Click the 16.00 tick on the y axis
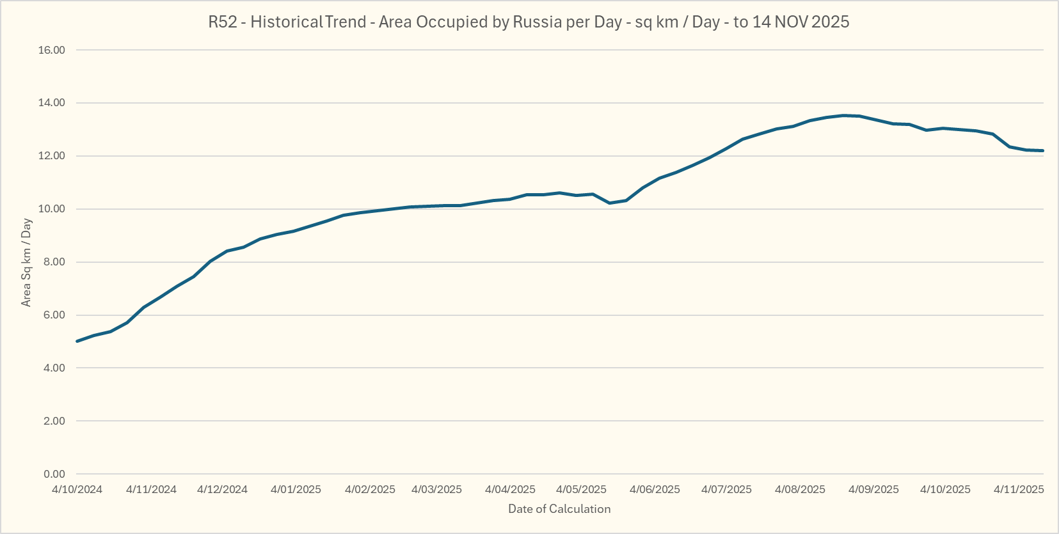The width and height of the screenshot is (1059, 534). [51, 50]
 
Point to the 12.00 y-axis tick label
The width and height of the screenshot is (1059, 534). [51, 156]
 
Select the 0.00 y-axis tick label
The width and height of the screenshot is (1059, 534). [54, 474]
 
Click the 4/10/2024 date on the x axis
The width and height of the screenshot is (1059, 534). [77, 489]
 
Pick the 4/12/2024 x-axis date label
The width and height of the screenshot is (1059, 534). [222, 489]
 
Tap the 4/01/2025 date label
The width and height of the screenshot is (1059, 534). [296, 489]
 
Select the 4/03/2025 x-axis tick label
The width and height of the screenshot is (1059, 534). [436, 489]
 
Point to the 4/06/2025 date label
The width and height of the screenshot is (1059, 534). [655, 489]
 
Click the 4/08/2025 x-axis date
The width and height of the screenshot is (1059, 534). [800, 489]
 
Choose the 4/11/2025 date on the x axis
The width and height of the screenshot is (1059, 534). [1019, 489]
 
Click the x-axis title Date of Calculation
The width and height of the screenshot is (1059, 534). [559, 509]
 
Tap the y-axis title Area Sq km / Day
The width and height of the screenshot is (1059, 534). [26, 262]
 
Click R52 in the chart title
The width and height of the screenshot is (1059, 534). [223, 22]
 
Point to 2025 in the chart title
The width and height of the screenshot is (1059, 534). [830, 22]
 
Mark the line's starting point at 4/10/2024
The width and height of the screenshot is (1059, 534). [77, 341]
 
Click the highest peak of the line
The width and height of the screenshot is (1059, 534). [843, 116]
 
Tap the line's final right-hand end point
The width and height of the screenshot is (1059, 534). [1042, 150]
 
